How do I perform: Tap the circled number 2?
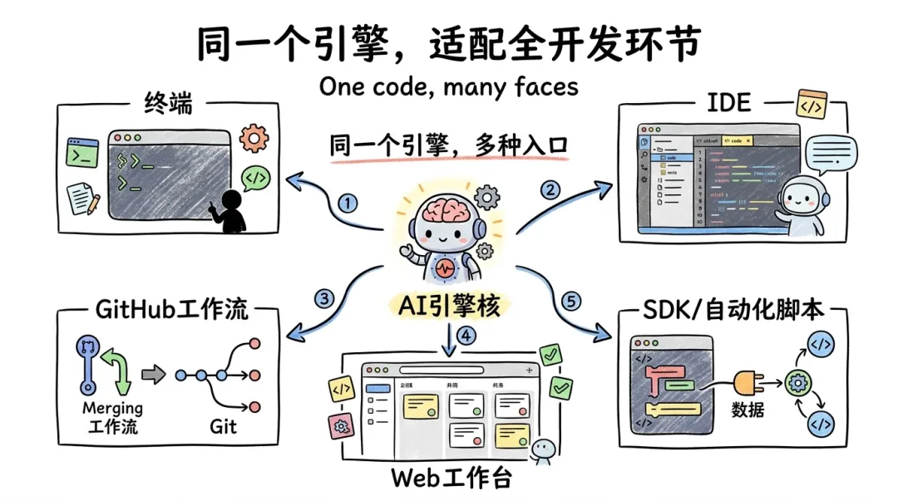click(x=550, y=189)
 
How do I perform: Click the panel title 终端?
click(x=168, y=105)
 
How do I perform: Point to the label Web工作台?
click(x=451, y=479)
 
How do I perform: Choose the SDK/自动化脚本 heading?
click(x=733, y=310)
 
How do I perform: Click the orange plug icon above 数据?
click(x=751, y=384)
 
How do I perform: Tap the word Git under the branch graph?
click(x=223, y=426)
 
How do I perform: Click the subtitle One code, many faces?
click(x=448, y=86)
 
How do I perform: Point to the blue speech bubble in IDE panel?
click(x=834, y=152)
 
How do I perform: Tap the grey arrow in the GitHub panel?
click(x=153, y=376)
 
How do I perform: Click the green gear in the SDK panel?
click(x=797, y=384)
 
